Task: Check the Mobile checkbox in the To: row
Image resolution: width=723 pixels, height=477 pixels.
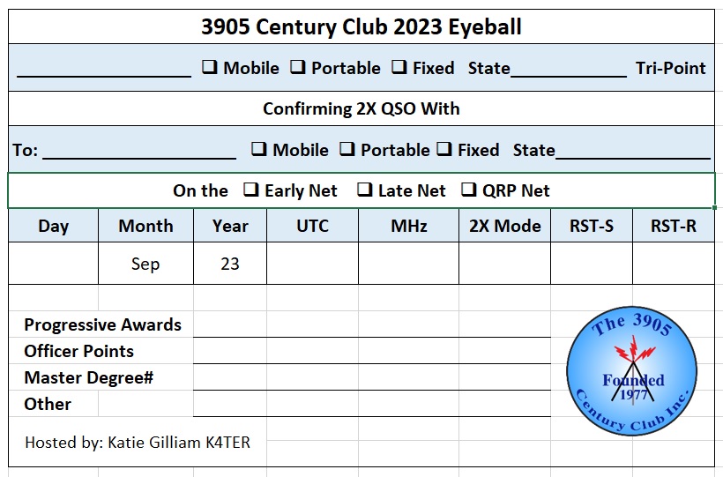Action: [259, 148]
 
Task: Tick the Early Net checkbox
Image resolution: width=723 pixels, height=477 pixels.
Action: [250, 190]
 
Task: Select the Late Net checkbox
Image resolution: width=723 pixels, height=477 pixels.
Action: [365, 190]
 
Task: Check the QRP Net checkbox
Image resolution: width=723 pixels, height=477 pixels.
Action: [469, 190]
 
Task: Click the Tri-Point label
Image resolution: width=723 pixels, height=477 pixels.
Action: [670, 68]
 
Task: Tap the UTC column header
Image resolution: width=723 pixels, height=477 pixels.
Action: [313, 226]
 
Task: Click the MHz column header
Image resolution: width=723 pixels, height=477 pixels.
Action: [409, 226]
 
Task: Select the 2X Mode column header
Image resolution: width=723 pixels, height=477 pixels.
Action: [505, 226]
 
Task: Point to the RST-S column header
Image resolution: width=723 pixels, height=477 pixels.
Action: [592, 226]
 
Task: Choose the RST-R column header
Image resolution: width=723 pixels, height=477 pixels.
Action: [674, 226]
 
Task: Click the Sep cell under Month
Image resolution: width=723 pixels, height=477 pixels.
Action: [145, 264]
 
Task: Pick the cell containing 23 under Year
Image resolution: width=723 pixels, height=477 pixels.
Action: [230, 264]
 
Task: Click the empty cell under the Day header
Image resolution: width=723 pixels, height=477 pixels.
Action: [54, 264]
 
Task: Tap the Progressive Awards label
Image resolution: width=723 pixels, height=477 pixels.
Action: [103, 324]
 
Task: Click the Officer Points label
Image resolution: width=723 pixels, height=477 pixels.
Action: [78, 351]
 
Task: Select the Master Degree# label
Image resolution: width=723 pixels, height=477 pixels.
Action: [88, 378]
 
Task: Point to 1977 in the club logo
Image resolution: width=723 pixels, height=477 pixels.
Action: [634, 395]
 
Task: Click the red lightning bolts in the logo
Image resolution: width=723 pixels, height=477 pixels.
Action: [634, 351]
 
